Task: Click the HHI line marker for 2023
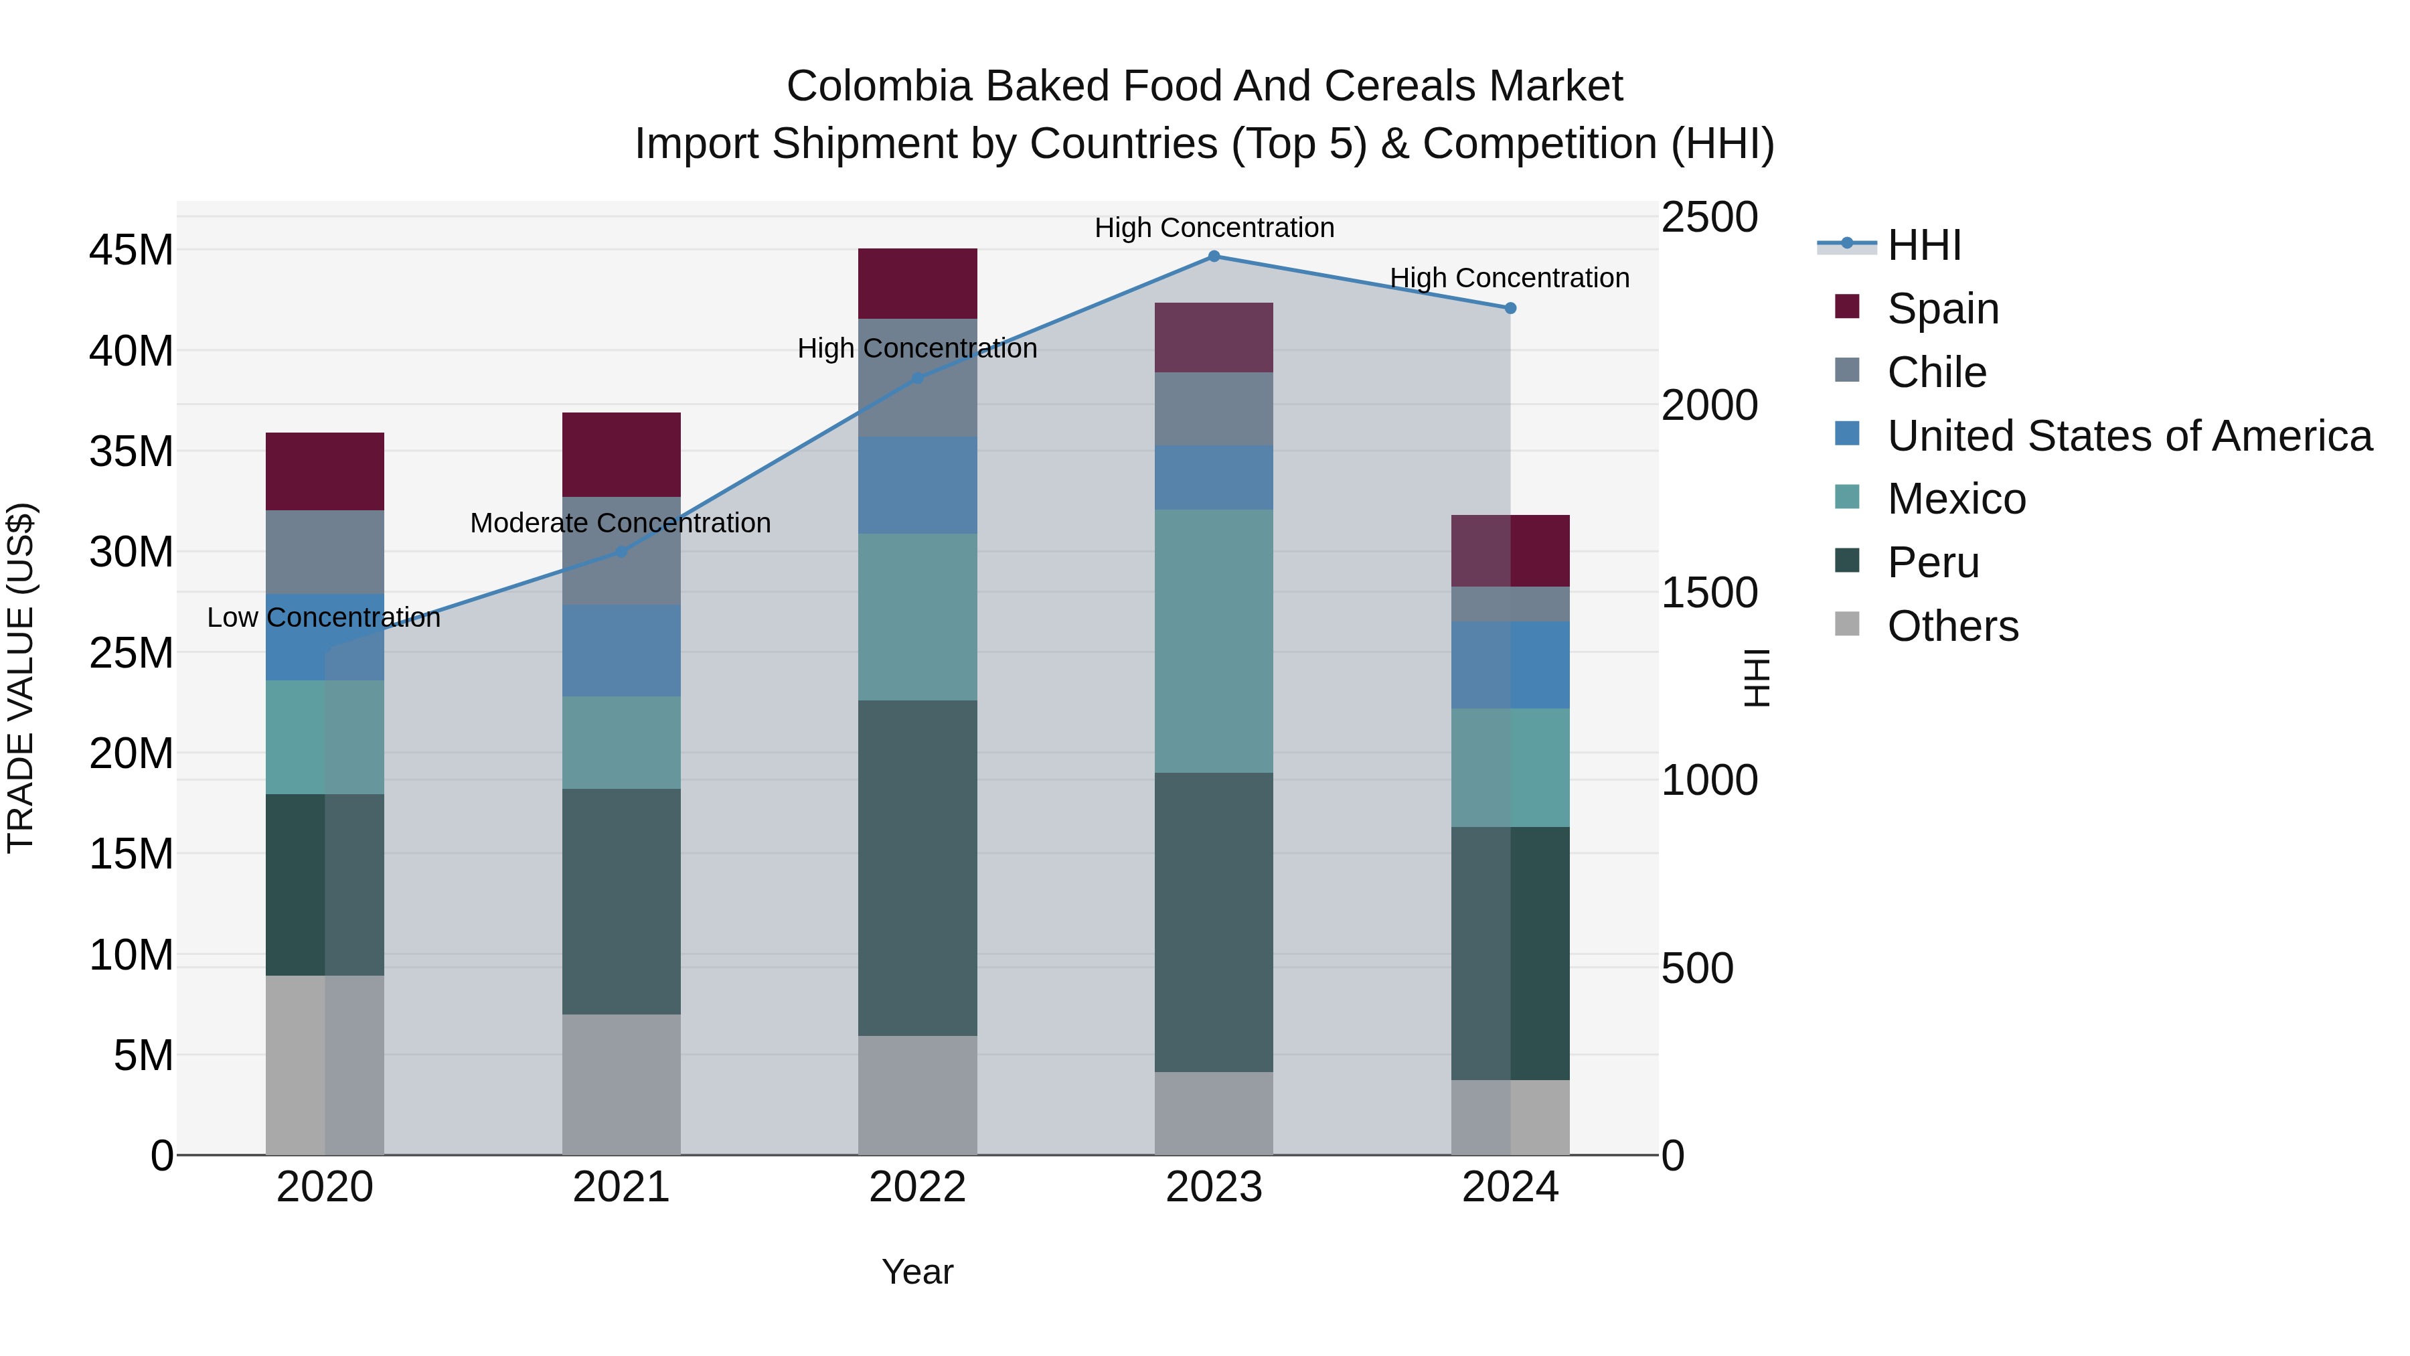[x=1214, y=256]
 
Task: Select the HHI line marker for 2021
[x=621, y=552]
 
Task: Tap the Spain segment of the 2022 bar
[x=917, y=283]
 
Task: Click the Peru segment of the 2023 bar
[x=1214, y=922]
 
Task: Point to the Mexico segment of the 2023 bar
[x=1214, y=641]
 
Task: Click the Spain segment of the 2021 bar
[x=621, y=454]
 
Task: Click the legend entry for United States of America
[x=2128, y=436]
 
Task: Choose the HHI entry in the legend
[x=1923, y=245]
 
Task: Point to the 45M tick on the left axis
[x=131, y=251]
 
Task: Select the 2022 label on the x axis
[x=917, y=1187]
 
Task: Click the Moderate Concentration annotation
[x=621, y=523]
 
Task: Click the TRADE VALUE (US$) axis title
[x=21, y=678]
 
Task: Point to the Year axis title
[x=917, y=1272]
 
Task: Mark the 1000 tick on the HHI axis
[x=1708, y=781]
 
